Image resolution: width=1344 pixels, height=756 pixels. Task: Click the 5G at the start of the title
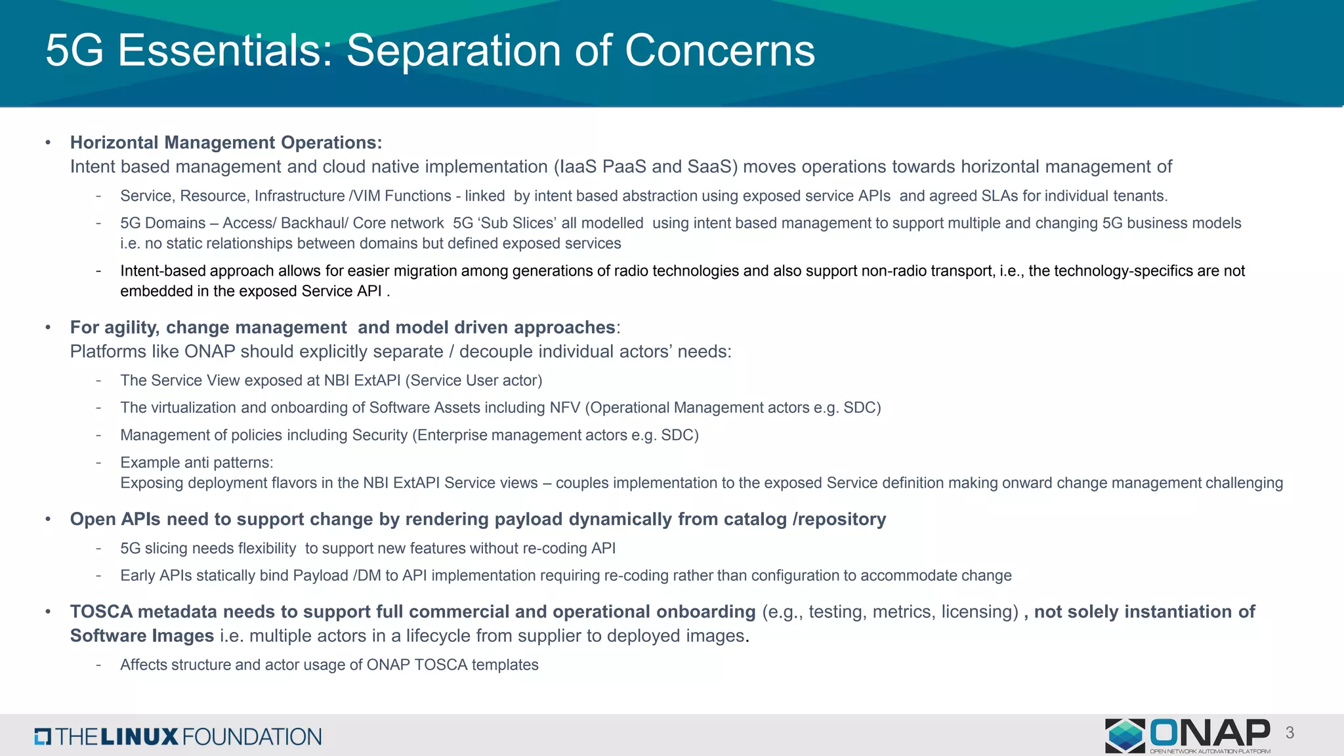tap(74, 51)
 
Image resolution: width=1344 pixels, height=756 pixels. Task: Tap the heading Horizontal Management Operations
tap(226, 142)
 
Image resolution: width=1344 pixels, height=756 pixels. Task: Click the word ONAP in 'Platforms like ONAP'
tap(209, 352)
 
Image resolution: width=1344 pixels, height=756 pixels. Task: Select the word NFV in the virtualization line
tap(566, 408)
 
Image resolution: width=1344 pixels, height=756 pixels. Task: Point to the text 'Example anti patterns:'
tap(196, 463)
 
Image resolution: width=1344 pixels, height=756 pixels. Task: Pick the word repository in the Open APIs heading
tap(842, 519)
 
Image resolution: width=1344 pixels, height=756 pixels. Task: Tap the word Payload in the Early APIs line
tap(320, 576)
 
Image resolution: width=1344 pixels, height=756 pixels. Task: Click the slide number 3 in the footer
tap(1290, 733)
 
